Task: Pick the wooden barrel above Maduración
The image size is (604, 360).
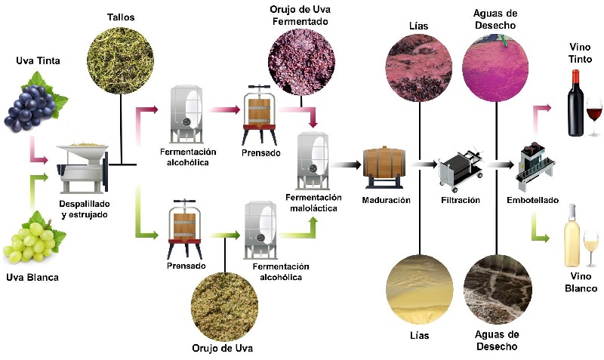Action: [385, 168]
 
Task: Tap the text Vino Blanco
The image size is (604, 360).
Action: [581, 284]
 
